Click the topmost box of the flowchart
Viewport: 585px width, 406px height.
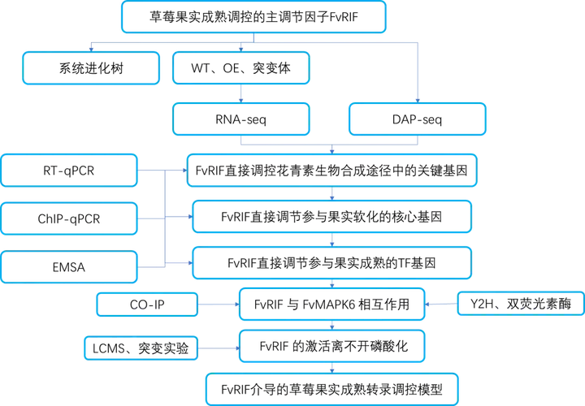coord(253,18)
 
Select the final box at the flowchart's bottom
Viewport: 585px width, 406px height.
coord(331,387)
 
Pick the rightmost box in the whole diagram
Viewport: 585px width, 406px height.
coord(520,304)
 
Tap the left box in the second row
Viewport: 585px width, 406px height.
coord(91,67)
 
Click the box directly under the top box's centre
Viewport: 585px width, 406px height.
coord(241,67)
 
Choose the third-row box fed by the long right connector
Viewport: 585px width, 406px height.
coord(417,119)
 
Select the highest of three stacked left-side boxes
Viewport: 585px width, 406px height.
coord(71,171)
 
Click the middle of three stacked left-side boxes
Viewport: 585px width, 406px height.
coord(71,218)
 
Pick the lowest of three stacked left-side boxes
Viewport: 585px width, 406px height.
coord(71,266)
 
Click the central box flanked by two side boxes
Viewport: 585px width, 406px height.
coord(331,304)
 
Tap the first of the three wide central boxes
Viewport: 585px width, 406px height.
coord(331,171)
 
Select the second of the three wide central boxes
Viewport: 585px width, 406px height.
coord(331,218)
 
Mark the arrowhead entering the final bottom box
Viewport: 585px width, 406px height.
coord(333,369)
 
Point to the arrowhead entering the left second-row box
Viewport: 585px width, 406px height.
coord(91,48)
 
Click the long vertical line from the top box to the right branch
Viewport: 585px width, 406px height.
coord(418,73)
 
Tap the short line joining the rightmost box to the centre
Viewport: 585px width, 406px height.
coord(441,304)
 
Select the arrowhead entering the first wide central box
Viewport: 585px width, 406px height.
coord(332,150)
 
